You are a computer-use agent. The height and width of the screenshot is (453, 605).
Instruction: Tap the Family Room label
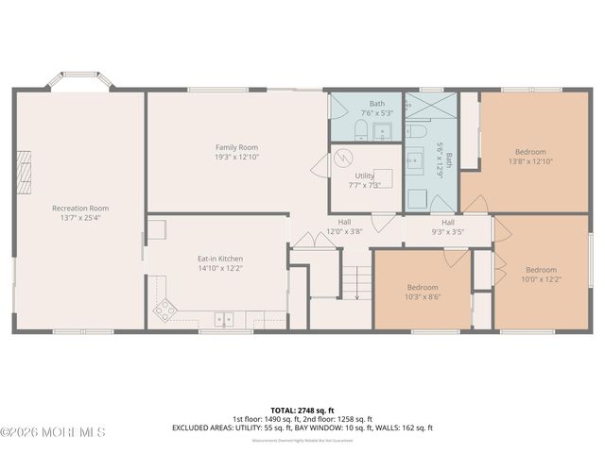[236, 147]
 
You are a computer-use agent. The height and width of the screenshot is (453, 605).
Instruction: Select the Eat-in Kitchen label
[220, 259]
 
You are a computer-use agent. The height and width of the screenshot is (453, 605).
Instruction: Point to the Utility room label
[365, 176]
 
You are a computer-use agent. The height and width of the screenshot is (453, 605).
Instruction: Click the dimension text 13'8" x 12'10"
[530, 161]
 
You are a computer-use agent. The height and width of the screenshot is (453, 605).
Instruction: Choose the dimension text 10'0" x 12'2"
[541, 279]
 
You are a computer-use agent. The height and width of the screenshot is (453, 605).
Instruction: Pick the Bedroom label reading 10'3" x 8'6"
[423, 287]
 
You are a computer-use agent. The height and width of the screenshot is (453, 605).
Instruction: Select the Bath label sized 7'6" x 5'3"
[377, 103]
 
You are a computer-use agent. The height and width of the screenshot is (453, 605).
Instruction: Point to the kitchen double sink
[224, 318]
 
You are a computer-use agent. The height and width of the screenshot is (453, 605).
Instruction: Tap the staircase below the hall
[355, 281]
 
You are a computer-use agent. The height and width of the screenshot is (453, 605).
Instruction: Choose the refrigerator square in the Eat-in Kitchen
[156, 228]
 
